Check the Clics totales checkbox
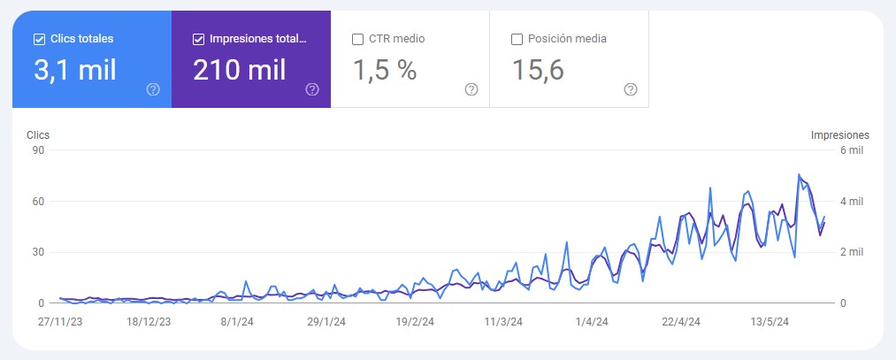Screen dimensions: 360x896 pos(39,39)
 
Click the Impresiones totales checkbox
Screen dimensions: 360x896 pos(198,39)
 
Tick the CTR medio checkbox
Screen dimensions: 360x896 pos(357,39)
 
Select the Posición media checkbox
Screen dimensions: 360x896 pos(517,39)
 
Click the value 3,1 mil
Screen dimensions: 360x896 pos(74,70)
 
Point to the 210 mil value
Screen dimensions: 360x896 pos(239,70)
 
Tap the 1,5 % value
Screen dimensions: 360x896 pos(384,70)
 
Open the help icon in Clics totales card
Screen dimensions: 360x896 pos(153,89)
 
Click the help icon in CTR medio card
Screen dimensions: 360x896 pos(471,89)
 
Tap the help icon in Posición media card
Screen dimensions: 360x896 pos(631,89)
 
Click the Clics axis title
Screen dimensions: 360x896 pos(38,135)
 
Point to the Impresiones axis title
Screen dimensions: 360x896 pos(839,135)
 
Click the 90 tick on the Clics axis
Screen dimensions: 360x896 pos(38,150)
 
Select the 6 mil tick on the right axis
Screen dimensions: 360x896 pos(851,150)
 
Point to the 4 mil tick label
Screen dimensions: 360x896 pos(851,202)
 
